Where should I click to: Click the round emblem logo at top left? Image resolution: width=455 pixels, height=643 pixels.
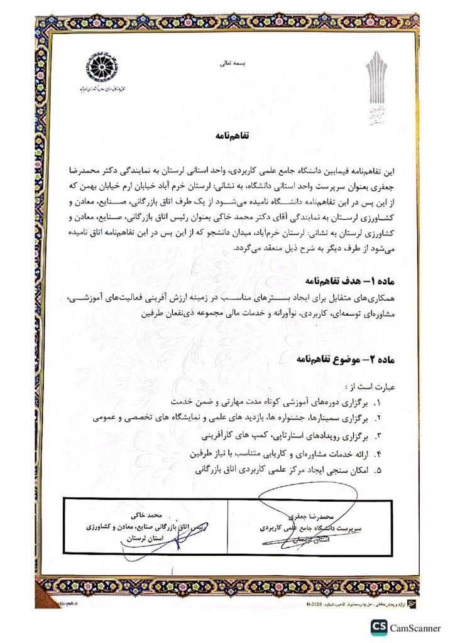(x=104, y=67)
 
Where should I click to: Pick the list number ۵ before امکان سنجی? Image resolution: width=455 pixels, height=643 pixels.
(x=378, y=469)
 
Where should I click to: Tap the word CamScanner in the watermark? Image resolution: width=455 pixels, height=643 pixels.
(x=415, y=627)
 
